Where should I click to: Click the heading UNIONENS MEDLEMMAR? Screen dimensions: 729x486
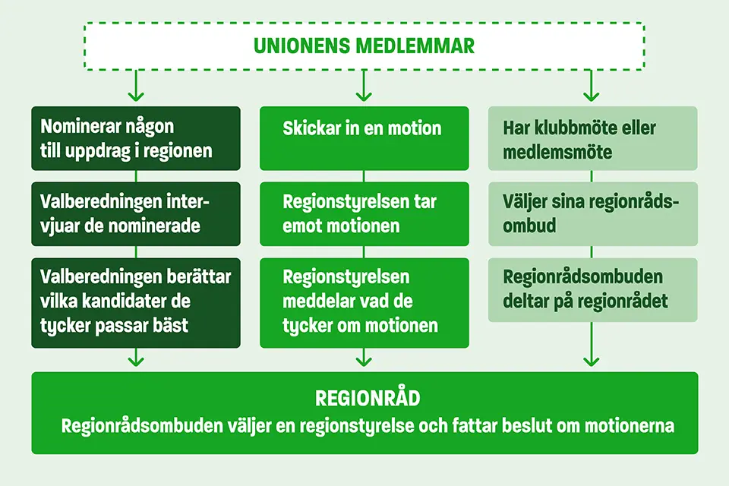pos(364,46)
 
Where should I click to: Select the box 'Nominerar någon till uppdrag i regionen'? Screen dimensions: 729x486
pos(136,138)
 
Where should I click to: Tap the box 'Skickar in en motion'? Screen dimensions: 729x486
pos(364,138)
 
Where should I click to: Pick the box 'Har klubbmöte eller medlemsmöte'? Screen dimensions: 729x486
pos(592,138)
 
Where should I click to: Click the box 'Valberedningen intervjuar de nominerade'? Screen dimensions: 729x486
pos(136,214)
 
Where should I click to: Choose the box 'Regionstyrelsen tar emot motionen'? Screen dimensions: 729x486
pos(364,214)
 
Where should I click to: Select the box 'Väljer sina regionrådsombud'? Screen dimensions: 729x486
pos(592,214)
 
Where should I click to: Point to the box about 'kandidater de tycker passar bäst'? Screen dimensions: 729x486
pos(136,303)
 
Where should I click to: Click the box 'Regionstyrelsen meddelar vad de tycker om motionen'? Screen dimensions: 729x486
pos(364,303)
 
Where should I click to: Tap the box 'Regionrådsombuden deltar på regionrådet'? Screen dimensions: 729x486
pos(592,290)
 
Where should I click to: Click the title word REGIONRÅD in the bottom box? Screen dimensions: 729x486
pos(368,398)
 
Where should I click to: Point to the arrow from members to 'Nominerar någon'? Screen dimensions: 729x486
pos(136,86)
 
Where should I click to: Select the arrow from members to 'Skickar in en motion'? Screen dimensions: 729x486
pos(364,86)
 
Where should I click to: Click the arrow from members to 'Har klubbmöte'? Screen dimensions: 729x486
pos(591,86)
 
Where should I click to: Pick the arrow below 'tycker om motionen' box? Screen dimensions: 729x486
pos(364,358)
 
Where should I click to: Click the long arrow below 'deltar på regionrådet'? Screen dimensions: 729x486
pos(591,344)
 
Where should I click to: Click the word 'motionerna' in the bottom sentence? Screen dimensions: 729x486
pos(629,425)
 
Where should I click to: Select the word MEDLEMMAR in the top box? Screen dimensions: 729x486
pos(415,46)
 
